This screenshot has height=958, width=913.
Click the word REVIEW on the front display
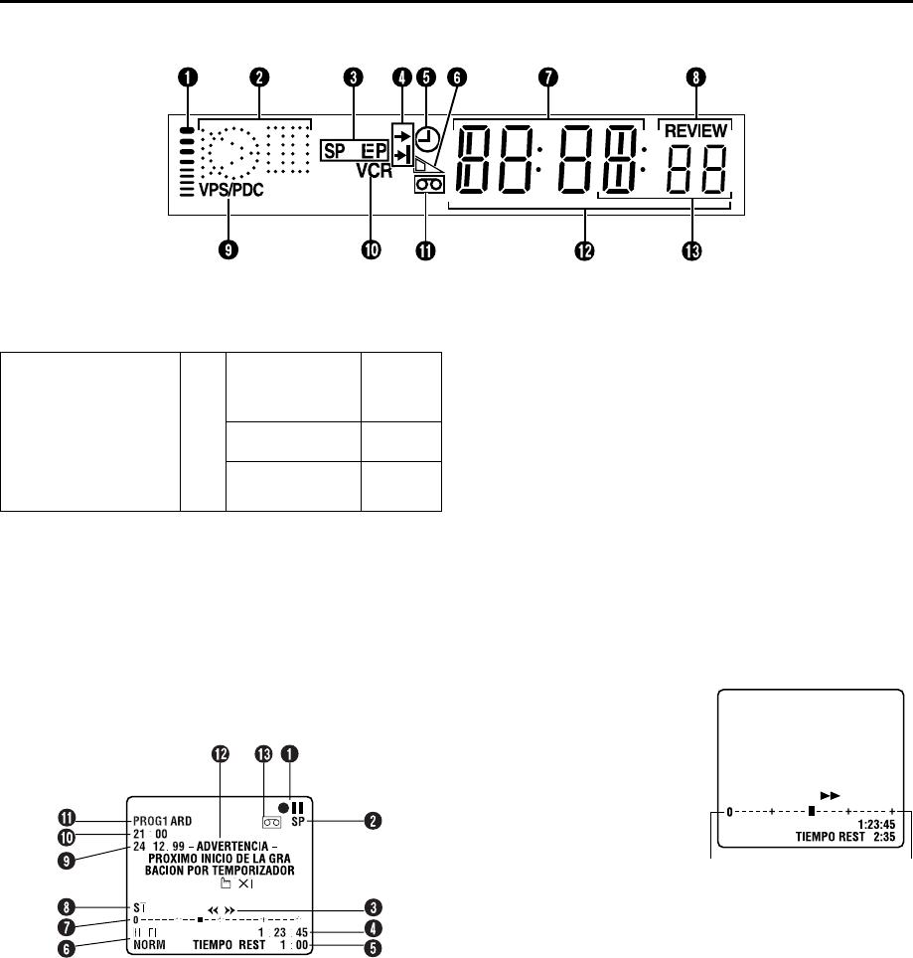coord(694,129)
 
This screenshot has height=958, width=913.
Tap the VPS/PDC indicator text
coord(225,187)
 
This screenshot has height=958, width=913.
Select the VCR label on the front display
coord(371,170)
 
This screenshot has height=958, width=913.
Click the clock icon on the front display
coord(428,138)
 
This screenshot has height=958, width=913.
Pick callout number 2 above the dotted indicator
coord(257,76)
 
